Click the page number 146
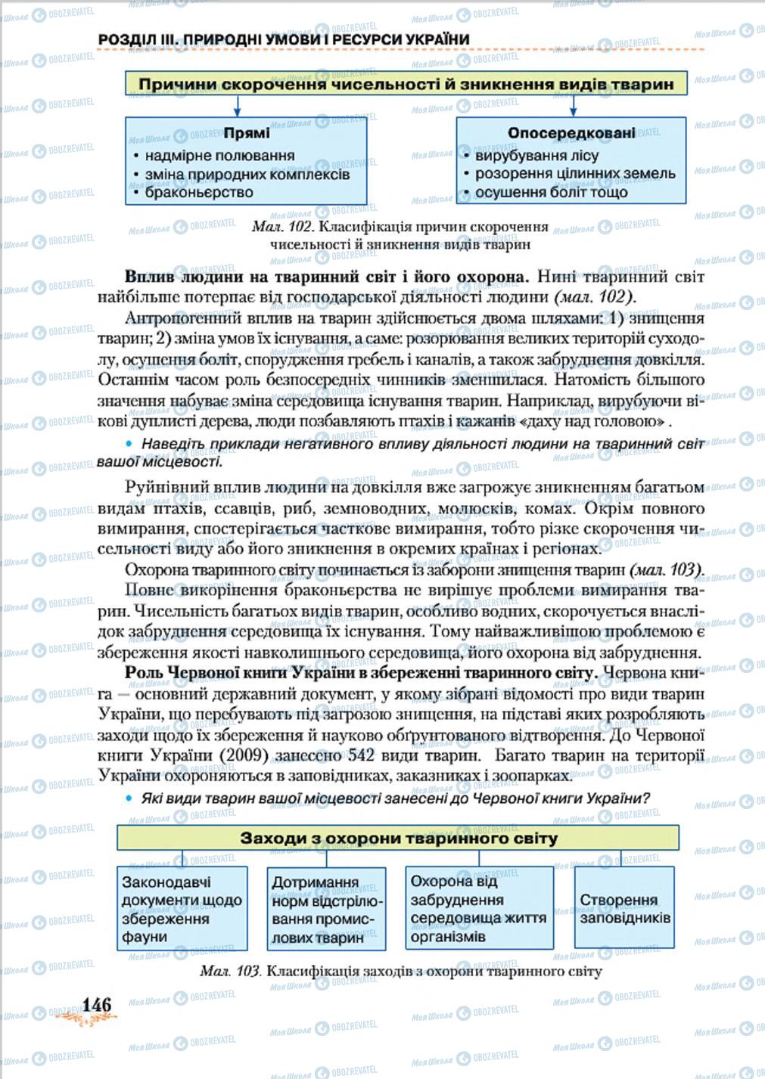coord(97,1004)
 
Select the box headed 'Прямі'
coord(246,161)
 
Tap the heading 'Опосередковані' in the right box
coord(571,134)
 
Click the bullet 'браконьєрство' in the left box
coord(198,192)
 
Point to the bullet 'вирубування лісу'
coord(536,156)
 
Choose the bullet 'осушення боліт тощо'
coord(551,192)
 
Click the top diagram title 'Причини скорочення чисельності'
coord(406,84)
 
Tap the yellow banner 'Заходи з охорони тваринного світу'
coord(398,838)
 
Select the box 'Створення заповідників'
coord(624,908)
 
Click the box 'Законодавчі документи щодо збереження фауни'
coord(182,909)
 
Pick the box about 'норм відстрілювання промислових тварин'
coord(327,910)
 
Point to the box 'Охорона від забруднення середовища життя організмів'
coord(478,908)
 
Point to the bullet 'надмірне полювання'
coord(219,156)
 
